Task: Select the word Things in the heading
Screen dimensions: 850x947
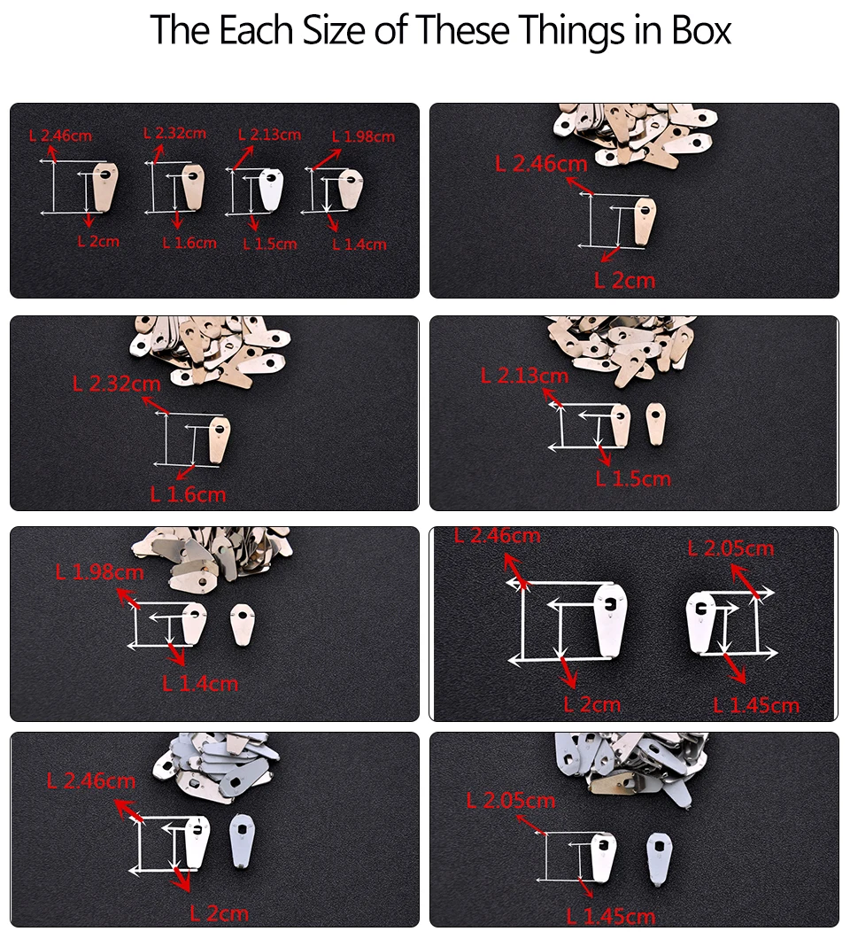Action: tap(569, 31)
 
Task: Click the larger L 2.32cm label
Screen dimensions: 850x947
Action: tap(117, 384)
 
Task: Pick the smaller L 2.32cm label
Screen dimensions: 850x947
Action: tap(174, 133)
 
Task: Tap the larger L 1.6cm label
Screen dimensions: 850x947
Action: tap(188, 494)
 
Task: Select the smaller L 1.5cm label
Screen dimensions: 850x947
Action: tap(270, 244)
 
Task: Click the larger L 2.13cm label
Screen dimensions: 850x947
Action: tap(524, 376)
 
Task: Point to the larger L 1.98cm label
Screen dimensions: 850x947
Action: tap(99, 572)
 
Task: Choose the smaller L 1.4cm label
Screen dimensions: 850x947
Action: tap(359, 245)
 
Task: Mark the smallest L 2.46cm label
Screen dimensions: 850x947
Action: tap(60, 136)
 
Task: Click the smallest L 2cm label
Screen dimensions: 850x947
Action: tap(98, 242)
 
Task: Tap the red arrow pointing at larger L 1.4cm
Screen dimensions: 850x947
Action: tap(175, 654)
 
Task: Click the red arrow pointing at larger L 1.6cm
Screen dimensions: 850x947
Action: tap(186, 471)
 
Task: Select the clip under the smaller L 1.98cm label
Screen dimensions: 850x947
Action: tap(350, 188)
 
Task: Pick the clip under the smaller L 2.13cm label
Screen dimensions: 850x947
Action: tap(271, 189)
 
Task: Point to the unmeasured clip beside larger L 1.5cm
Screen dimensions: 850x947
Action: tap(655, 423)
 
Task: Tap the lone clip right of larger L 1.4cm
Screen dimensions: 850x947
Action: tap(242, 625)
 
